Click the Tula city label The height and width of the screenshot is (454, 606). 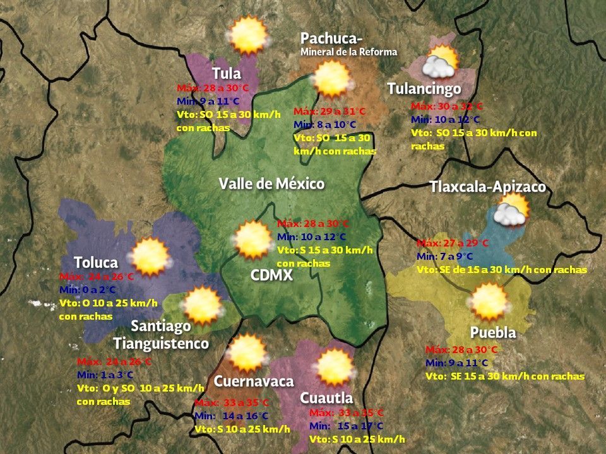pos(227,73)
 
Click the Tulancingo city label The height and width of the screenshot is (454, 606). pos(424,88)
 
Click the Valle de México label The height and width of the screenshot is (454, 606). pos(271,183)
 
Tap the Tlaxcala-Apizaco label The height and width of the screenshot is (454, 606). pos(487,187)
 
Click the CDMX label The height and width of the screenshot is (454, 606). pos(271,275)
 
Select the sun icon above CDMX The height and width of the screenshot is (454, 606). pos(252,239)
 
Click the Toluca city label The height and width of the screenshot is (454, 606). pos(96,262)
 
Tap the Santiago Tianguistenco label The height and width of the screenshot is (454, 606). pos(161,335)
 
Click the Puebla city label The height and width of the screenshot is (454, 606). pos(493,332)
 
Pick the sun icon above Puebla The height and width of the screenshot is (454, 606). pos(490,301)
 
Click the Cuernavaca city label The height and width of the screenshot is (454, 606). pos(254,381)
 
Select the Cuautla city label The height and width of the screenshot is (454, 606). pos(326,398)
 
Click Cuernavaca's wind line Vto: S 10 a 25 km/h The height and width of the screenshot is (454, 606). pos(242,429)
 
